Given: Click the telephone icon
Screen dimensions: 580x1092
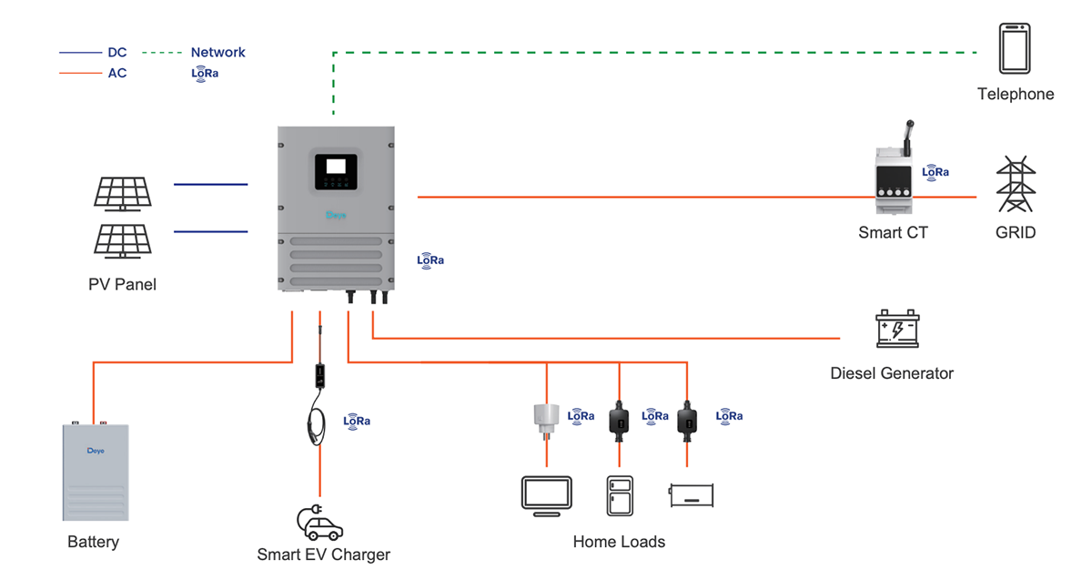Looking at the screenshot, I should click(1015, 48).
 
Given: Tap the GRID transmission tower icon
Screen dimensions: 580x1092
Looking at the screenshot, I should click(1016, 185).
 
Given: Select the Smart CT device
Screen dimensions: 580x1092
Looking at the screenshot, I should click(893, 172).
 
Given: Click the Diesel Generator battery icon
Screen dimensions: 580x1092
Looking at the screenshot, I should click(897, 329).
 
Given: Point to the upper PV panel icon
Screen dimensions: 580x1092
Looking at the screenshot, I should click(123, 192).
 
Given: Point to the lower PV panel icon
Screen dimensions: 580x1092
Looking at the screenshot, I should click(123, 239).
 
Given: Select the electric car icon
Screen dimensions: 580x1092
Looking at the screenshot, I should click(319, 524).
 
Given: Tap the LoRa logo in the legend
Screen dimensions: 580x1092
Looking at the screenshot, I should click(205, 74).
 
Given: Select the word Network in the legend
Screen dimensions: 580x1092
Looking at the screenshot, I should click(217, 53).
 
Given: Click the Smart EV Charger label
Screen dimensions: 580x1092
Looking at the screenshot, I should click(323, 555).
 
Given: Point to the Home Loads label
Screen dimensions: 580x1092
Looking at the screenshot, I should click(619, 542).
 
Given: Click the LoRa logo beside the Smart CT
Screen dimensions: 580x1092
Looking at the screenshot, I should click(935, 171).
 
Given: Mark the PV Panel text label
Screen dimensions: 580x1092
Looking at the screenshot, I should click(122, 284).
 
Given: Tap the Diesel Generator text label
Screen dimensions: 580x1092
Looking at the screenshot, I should click(892, 373).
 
